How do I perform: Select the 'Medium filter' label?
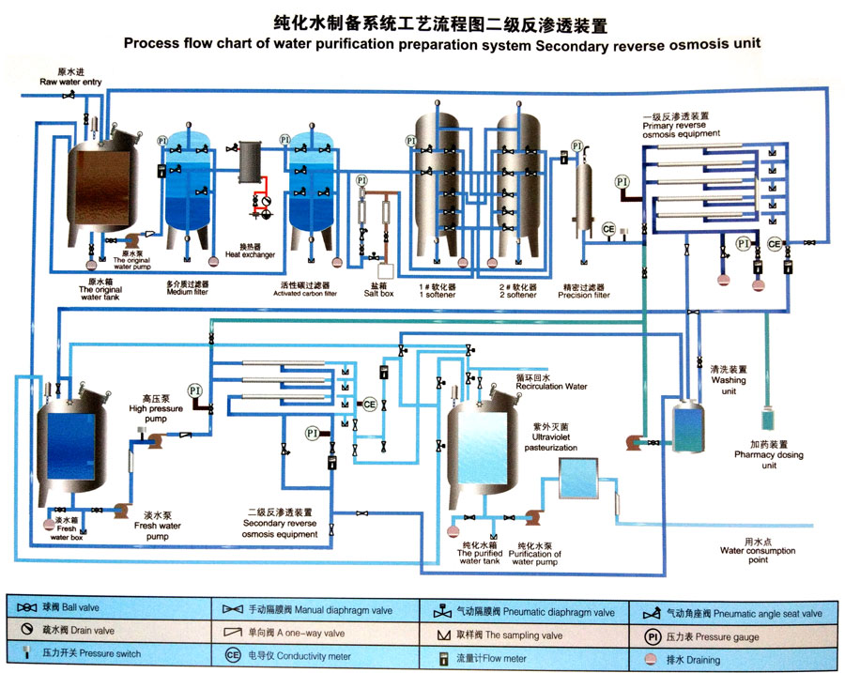[187, 287]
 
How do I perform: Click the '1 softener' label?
[438, 289]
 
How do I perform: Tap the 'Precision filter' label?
[585, 290]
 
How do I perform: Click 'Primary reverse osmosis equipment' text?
[682, 125]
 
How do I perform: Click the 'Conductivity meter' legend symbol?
[232, 655]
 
